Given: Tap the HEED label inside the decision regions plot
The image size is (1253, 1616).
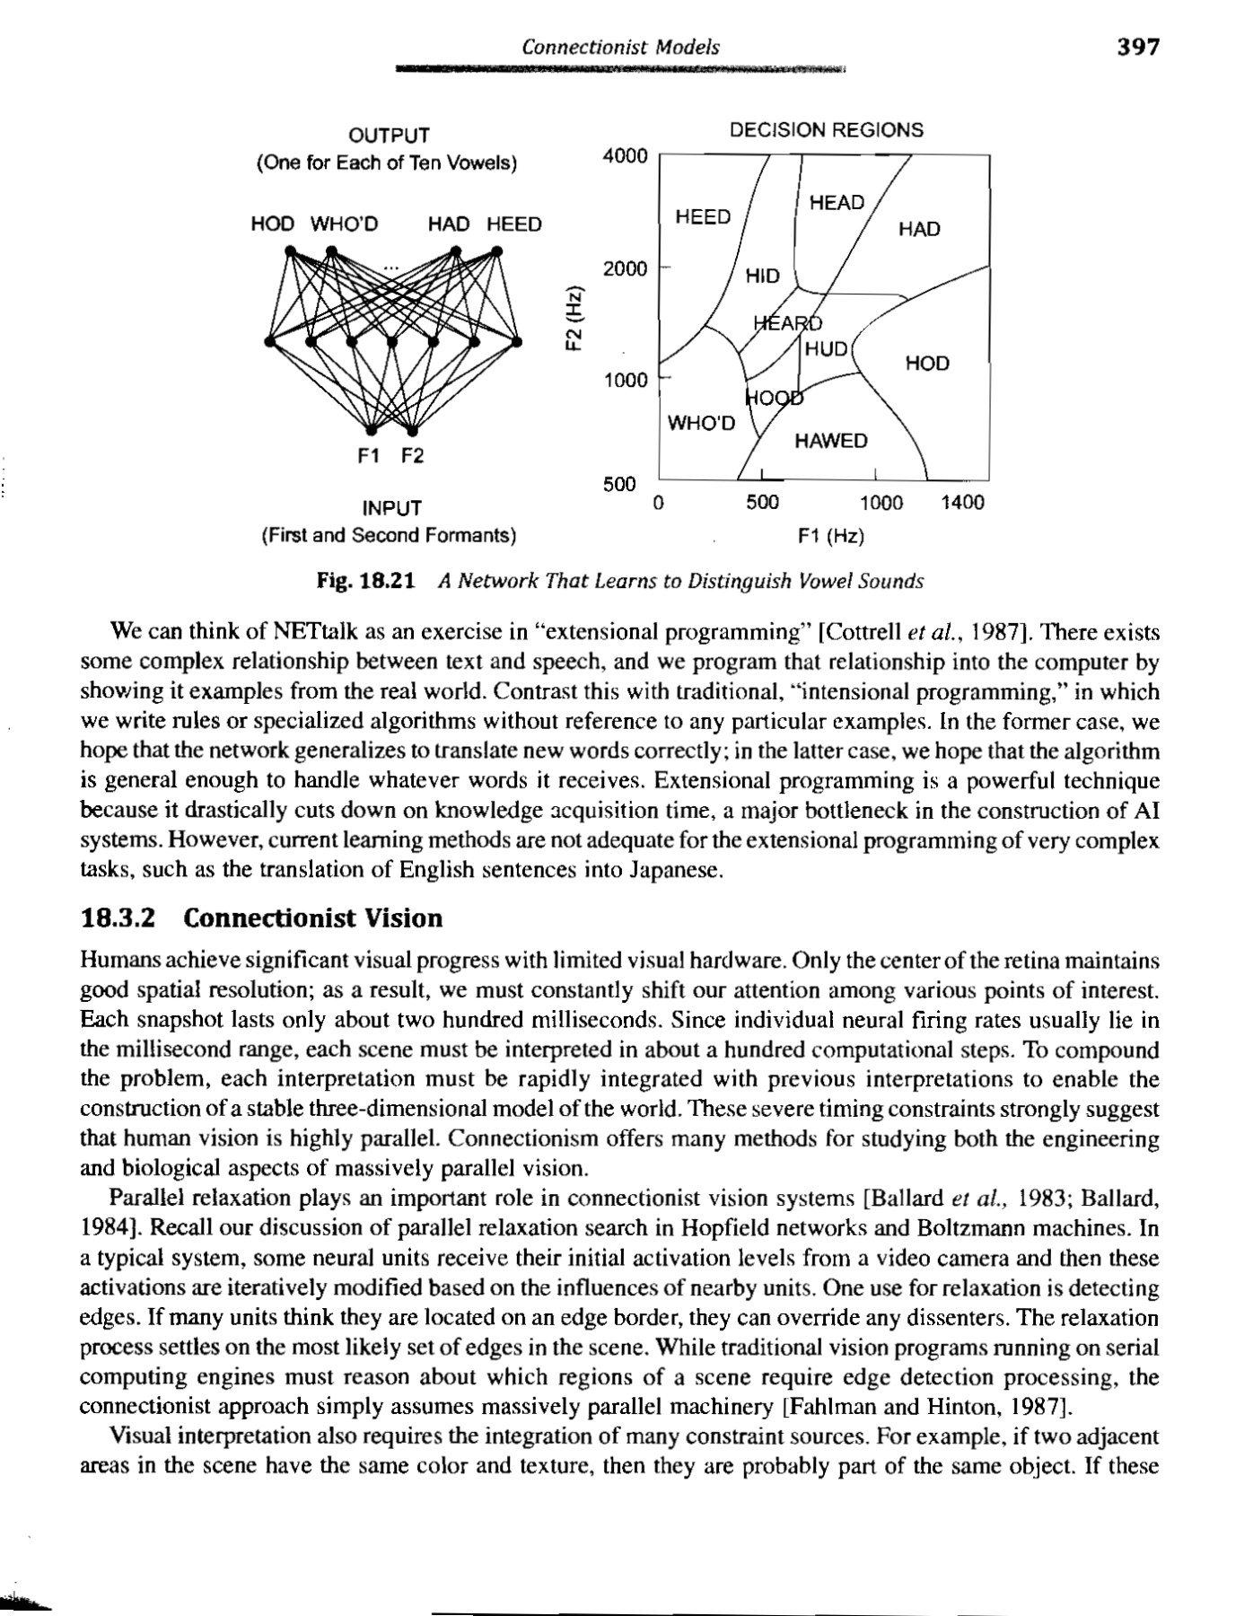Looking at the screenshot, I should pyautogui.click(x=703, y=216).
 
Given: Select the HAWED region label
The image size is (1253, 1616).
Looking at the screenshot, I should pyautogui.click(x=831, y=441).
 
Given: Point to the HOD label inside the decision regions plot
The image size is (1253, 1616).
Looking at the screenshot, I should pyautogui.click(x=927, y=364).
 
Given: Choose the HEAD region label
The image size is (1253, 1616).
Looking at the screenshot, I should pyautogui.click(x=837, y=203).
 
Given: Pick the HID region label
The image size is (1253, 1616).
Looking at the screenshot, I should pyautogui.click(x=763, y=276).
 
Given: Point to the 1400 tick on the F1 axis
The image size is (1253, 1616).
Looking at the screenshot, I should pyautogui.click(x=962, y=503).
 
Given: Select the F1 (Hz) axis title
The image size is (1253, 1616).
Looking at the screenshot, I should pyautogui.click(x=831, y=537).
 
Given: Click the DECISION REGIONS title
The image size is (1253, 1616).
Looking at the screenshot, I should pyautogui.click(x=826, y=130).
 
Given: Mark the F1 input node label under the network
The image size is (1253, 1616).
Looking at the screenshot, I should pyautogui.click(x=369, y=456).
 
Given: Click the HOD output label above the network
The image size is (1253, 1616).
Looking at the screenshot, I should pyautogui.click(x=273, y=224).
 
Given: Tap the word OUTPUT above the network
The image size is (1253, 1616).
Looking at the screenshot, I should pyautogui.click(x=389, y=136).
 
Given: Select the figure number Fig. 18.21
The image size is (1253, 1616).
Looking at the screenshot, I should pyautogui.click(x=366, y=582).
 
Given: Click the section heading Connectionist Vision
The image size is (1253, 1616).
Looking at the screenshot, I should pyautogui.click(x=313, y=918).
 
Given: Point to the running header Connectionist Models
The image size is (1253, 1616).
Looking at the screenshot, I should pyautogui.click(x=620, y=48).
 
